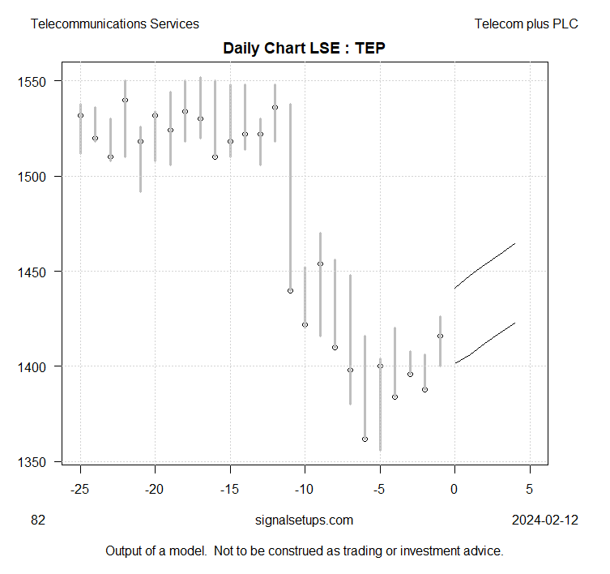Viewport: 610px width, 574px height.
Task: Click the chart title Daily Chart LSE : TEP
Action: coord(305,49)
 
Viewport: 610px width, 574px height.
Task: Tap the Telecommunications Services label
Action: coord(114,24)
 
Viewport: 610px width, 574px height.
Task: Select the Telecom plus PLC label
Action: coord(527,24)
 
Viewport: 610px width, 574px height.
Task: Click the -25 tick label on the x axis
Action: coord(80,490)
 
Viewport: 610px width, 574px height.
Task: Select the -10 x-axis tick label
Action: coord(305,490)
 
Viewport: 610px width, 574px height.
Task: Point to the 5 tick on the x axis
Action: coord(530,490)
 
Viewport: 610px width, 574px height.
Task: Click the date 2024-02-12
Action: coord(545,520)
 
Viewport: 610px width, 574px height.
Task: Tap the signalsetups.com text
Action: coord(304,520)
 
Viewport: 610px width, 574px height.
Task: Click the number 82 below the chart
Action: coord(38,520)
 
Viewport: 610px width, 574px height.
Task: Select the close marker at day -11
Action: coord(290,290)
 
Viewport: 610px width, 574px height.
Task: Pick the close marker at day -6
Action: coord(365,439)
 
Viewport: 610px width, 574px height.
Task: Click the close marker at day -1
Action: coord(440,336)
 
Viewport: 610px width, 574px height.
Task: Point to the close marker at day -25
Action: coord(80,115)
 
